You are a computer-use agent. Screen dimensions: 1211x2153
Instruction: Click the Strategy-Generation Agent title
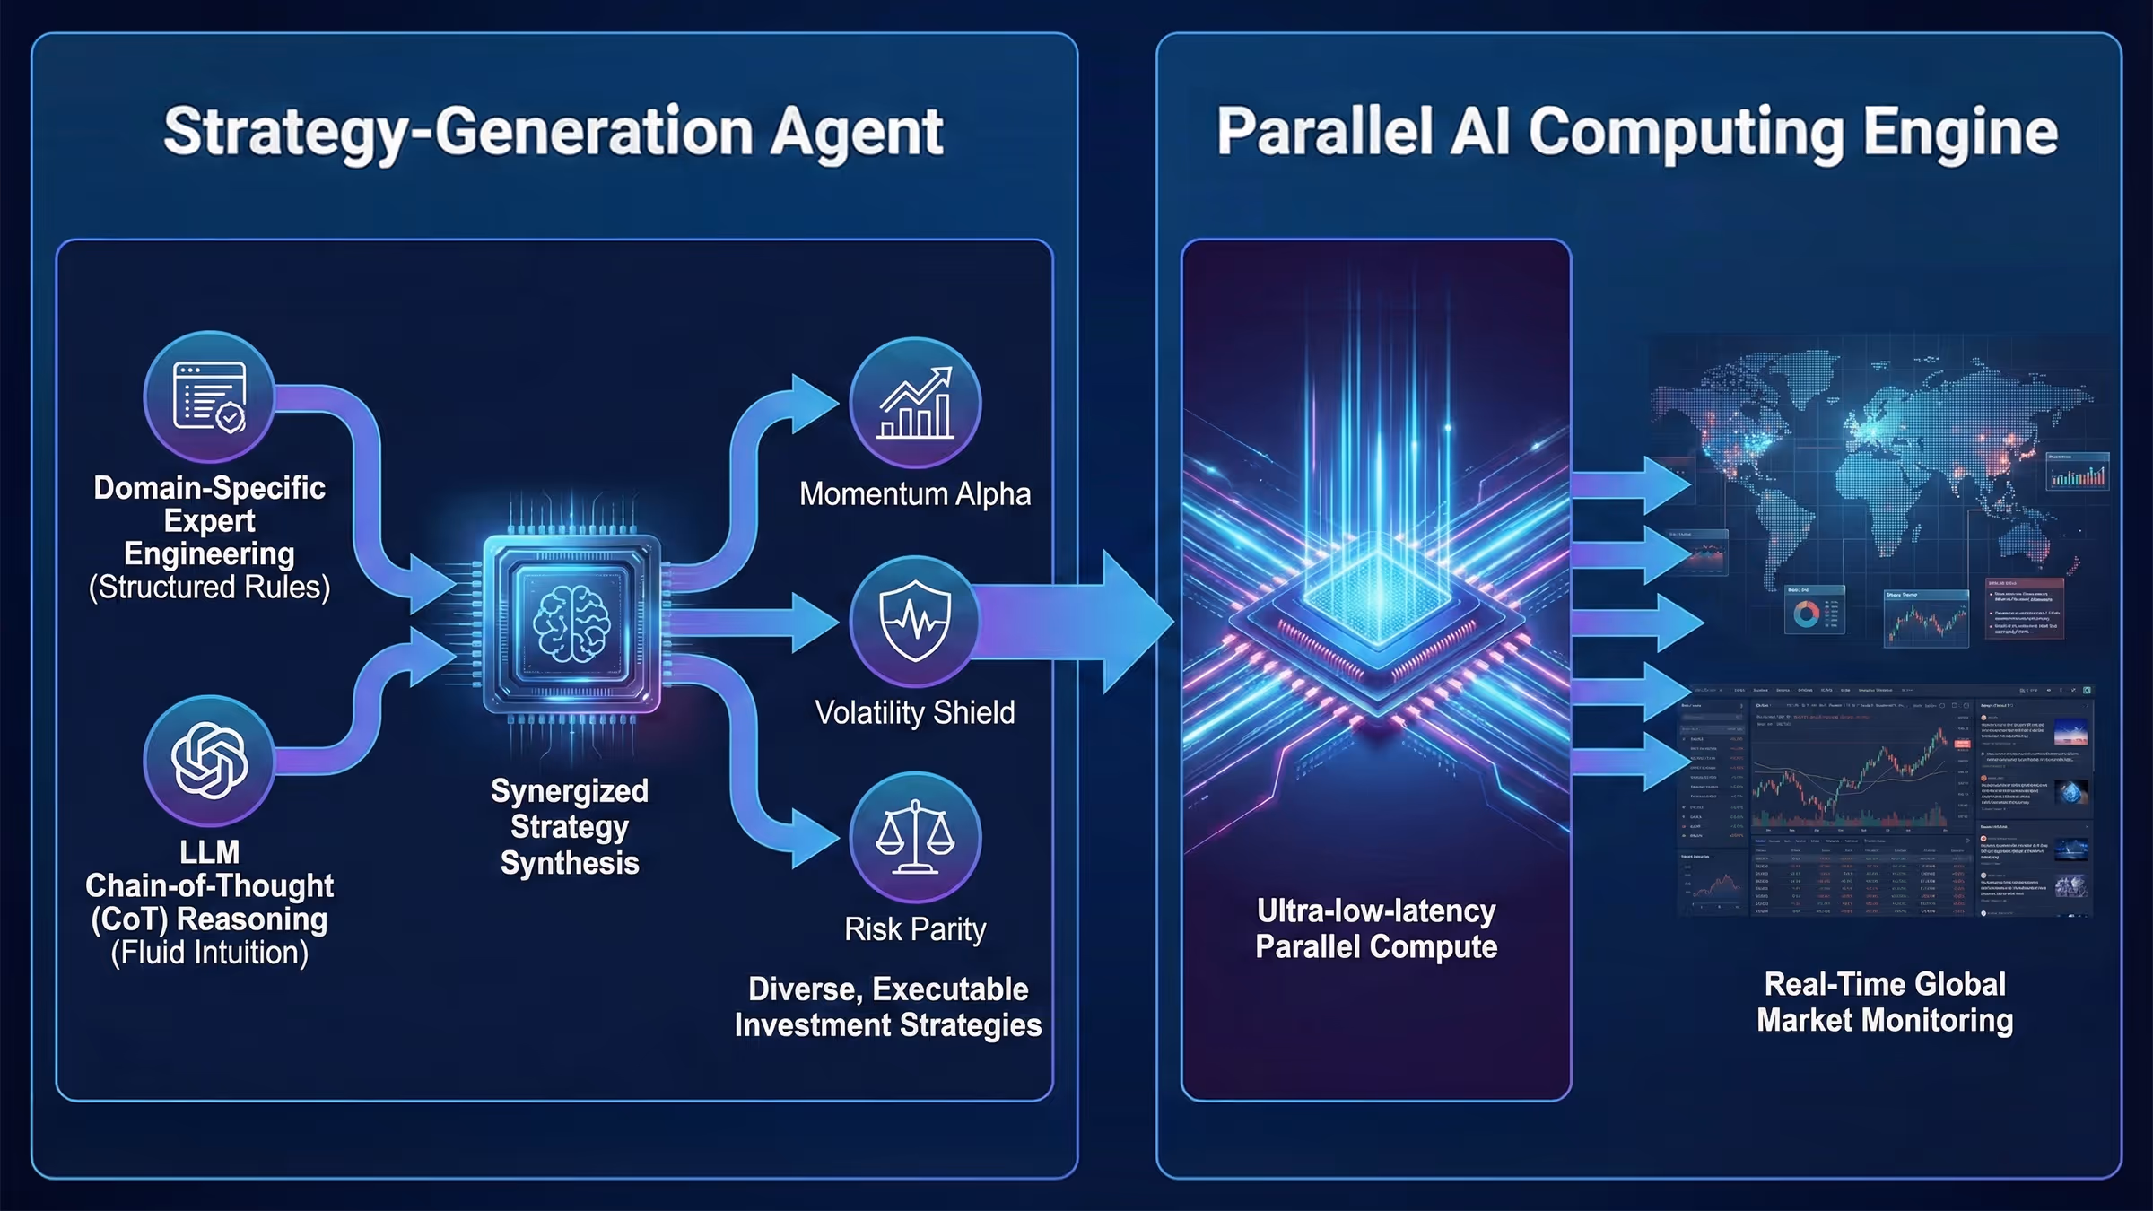pos(553,132)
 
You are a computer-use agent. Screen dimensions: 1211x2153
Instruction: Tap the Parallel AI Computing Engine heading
pos(1636,132)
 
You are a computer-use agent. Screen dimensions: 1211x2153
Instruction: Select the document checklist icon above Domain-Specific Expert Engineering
pos(209,396)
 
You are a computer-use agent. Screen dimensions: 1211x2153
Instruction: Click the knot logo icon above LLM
pos(209,760)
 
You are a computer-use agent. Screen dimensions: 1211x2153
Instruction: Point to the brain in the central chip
pos(571,623)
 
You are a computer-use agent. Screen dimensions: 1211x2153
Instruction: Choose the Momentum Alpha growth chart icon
pos(915,403)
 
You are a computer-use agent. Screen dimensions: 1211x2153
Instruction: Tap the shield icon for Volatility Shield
pos(915,620)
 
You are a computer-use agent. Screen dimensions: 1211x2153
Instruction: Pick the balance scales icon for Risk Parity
pos(915,837)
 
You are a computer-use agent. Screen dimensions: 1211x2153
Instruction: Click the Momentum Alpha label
pos(915,494)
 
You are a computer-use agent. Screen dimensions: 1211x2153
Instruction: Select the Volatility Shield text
pos(915,713)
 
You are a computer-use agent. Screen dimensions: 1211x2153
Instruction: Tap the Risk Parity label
pos(915,929)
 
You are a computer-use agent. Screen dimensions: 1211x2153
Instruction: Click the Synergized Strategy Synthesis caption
pos(570,826)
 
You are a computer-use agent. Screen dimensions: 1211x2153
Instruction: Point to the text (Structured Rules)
pos(209,588)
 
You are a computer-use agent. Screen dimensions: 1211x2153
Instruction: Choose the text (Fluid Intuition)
pos(209,953)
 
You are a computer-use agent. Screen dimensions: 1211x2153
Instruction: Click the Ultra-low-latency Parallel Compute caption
pos(1376,928)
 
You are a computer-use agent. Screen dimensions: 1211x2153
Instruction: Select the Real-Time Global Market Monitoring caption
pos(1885,1002)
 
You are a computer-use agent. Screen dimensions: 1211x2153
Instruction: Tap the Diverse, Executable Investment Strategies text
pos(888,1006)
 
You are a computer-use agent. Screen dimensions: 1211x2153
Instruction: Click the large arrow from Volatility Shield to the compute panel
pos(1076,621)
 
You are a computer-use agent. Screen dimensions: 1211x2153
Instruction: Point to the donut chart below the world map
pos(1806,614)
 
